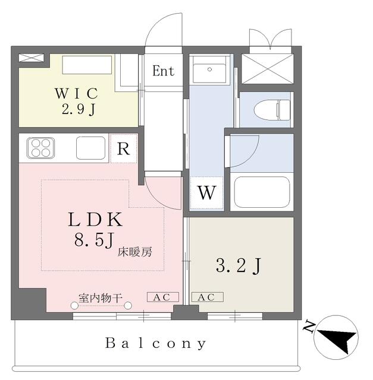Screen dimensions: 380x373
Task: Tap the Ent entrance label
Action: pyautogui.click(x=163, y=71)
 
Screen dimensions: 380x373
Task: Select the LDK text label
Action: pyautogui.click(x=96, y=219)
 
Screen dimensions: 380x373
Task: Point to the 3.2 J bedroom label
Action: pyautogui.click(x=237, y=267)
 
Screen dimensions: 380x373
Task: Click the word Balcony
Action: pyautogui.click(x=156, y=343)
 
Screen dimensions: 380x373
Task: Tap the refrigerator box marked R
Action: pyautogui.click(x=123, y=148)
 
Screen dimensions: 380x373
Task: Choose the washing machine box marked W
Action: pyautogui.click(x=206, y=192)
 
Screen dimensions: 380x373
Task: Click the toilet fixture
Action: pyautogui.click(x=271, y=110)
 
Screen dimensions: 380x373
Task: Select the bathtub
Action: pyautogui.click(x=261, y=192)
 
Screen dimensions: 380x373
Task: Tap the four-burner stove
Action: pyautogui.click(x=40, y=148)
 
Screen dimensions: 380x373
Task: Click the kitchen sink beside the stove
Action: pyautogui.click(x=90, y=148)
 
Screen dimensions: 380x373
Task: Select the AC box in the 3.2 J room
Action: pyautogui.click(x=207, y=297)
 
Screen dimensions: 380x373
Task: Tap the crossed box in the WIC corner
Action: pyautogui.click(x=32, y=58)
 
